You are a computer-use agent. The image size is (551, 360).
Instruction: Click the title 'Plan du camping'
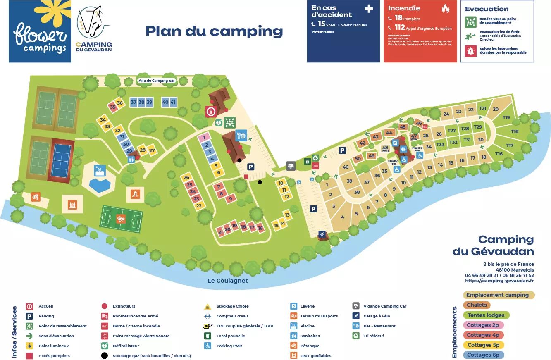click(214, 31)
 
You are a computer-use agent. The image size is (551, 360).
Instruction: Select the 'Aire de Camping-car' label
click(157, 81)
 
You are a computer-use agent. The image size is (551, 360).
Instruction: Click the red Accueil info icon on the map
click(211, 111)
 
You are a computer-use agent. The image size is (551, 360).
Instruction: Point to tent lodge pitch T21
click(482, 109)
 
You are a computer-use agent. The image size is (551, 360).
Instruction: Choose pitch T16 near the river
click(499, 154)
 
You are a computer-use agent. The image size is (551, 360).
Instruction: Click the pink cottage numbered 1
click(204, 137)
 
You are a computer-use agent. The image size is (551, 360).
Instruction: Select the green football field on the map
click(121, 219)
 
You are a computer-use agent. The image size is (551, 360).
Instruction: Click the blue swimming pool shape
click(100, 185)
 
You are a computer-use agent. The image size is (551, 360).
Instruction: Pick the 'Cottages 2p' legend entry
click(483, 325)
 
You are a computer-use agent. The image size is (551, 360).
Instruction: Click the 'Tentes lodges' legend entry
click(486, 315)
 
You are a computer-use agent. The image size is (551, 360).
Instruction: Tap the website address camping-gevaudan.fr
click(499, 281)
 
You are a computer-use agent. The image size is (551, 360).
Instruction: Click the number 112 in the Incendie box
click(399, 28)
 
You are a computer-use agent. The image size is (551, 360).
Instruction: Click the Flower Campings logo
click(40, 31)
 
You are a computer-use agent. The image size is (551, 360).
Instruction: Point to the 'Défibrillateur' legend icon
click(105, 346)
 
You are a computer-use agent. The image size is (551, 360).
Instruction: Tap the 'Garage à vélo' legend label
click(377, 316)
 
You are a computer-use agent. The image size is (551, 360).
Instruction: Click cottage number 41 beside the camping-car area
click(173, 102)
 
